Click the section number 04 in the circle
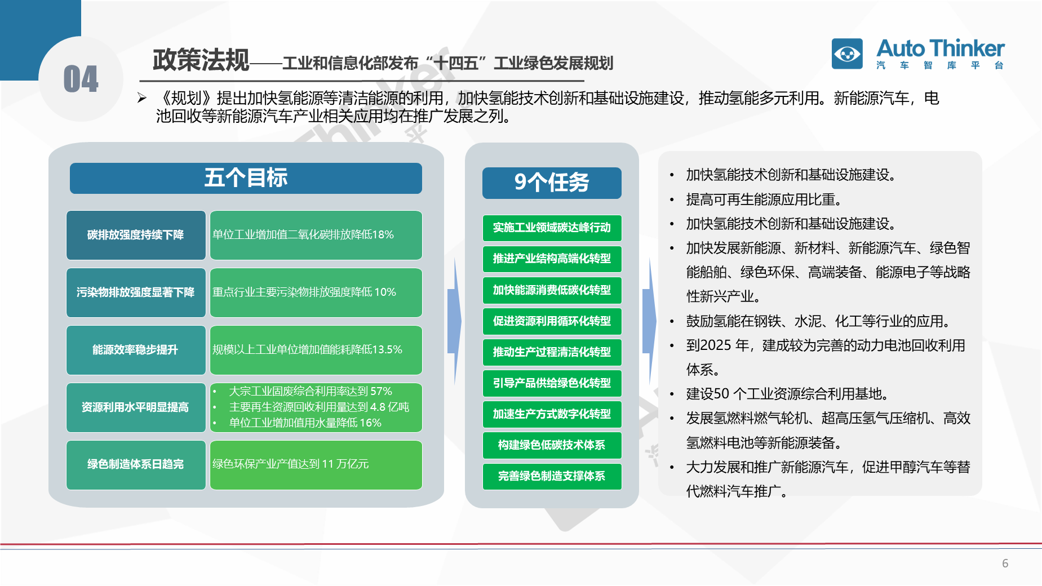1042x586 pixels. (81, 79)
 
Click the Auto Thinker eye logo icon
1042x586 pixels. (847, 54)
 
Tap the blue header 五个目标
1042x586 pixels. (246, 178)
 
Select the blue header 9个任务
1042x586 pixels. (552, 183)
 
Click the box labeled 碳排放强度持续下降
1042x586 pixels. (136, 235)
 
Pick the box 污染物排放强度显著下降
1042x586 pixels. (136, 292)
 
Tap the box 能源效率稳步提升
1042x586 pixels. (136, 350)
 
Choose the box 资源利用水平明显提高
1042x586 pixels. (136, 407)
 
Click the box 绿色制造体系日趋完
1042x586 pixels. (136, 465)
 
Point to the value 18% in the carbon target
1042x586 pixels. (383, 234)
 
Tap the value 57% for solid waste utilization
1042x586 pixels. (381, 391)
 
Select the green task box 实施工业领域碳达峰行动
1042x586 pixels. (552, 228)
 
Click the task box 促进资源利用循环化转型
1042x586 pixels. (552, 321)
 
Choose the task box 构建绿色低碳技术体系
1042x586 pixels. (552, 445)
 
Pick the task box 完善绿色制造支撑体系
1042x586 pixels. (552, 476)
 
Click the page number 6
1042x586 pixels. (1005, 563)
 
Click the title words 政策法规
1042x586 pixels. (201, 60)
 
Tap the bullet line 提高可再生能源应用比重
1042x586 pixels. (764, 199)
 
